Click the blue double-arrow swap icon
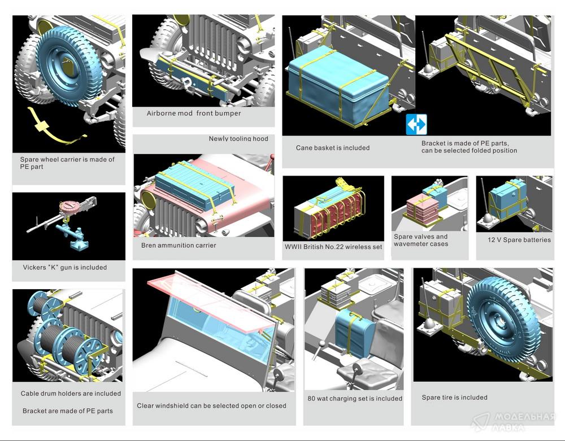pos(416,124)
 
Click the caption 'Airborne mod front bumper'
pos(194,113)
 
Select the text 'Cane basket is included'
pos(333,147)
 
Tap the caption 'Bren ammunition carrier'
pos(179,246)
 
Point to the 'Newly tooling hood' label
pos(238,138)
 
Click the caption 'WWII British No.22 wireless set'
pos(333,247)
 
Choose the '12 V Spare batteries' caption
pos(519,240)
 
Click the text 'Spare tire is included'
pos(455,398)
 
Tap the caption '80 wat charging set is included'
pos(355,399)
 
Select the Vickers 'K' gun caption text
pos(65,268)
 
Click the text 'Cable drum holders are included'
pos(71,394)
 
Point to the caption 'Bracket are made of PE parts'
pos(68,411)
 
